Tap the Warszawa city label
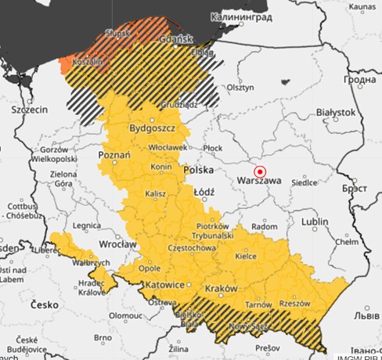(x=258, y=182)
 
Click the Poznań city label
(x=114, y=156)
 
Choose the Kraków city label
(x=220, y=289)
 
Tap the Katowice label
(x=162, y=284)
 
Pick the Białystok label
(x=333, y=113)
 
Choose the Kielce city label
(x=247, y=255)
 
